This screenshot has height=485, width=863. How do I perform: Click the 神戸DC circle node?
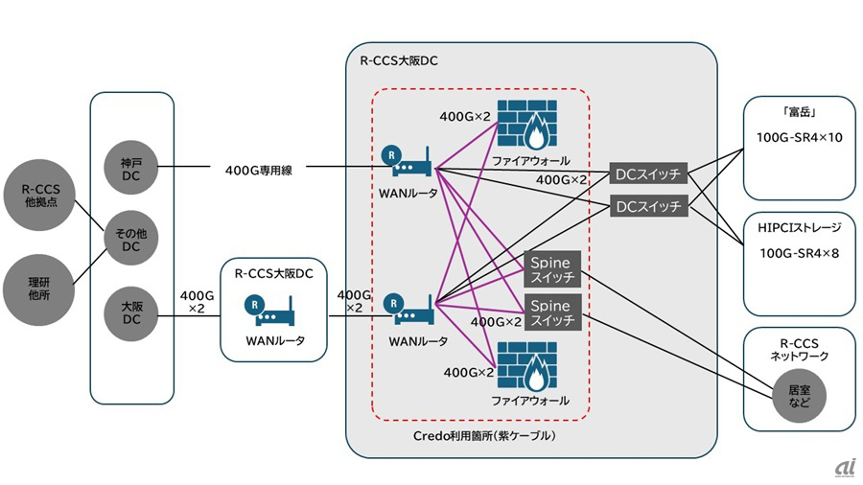pyautogui.click(x=131, y=170)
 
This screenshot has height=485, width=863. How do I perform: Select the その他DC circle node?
pyautogui.click(x=131, y=241)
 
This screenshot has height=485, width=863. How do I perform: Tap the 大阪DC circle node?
pyautogui.click(x=131, y=312)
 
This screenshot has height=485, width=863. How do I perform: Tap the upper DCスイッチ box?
pyautogui.click(x=648, y=173)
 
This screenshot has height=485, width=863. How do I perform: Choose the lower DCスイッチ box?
pyautogui.click(x=648, y=206)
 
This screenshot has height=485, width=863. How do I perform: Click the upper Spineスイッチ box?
pyautogui.click(x=550, y=270)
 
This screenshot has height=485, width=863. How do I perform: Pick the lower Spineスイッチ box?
pyautogui.click(x=550, y=312)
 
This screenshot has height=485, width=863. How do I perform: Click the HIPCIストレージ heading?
pyautogui.click(x=798, y=227)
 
